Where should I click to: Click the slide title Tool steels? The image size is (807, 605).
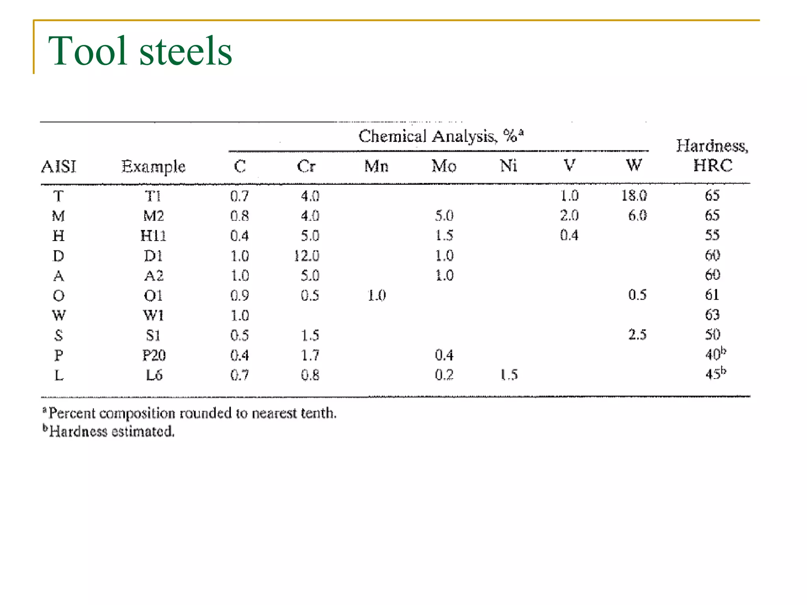click(x=140, y=51)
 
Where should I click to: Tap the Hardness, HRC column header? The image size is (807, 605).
click(x=712, y=156)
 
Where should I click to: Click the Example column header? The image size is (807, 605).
click(x=153, y=166)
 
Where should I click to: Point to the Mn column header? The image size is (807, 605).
click(x=376, y=166)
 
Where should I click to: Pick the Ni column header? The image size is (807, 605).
click(x=508, y=166)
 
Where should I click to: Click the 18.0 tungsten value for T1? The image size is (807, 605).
click(x=634, y=195)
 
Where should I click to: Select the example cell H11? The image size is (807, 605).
click(x=153, y=236)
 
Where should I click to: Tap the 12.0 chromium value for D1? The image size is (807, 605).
click(x=307, y=256)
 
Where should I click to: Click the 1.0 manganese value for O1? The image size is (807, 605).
click(x=377, y=295)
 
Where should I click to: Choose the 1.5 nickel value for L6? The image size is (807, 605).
click(x=509, y=375)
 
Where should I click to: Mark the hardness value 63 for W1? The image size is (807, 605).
click(x=712, y=315)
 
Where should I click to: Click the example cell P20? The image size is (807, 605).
click(x=154, y=355)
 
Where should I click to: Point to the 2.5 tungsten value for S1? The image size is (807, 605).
click(x=637, y=335)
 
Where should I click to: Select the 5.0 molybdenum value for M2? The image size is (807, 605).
click(x=444, y=215)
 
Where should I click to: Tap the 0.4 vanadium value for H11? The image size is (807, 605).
click(x=569, y=236)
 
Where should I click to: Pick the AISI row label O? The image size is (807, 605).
click(x=59, y=295)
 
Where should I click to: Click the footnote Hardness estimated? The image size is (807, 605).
click(x=111, y=431)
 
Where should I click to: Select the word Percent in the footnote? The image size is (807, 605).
click(x=72, y=413)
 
